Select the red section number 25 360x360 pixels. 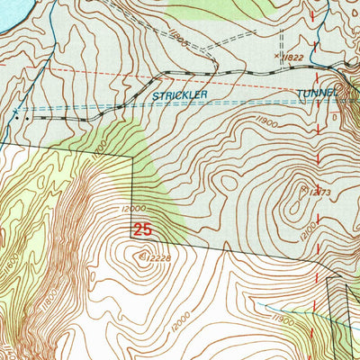coord(142,230)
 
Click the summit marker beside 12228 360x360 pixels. coord(140,256)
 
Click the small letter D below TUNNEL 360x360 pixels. coord(335,116)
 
